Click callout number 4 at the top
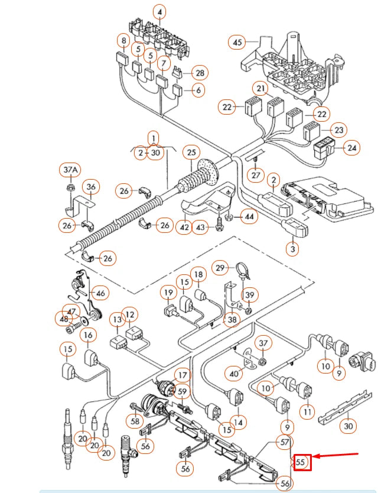[159, 12]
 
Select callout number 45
[237, 43]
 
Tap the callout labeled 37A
[70, 171]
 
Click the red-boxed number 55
[302, 462]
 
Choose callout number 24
[352, 148]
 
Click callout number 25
[191, 153]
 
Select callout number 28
[200, 73]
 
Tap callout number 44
[250, 217]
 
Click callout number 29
[220, 268]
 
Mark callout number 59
[182, 391]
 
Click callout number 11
[308, 411]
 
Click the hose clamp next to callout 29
[240, 271]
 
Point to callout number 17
[181, 375]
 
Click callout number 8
[123, 41]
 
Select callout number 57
[285, 442]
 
